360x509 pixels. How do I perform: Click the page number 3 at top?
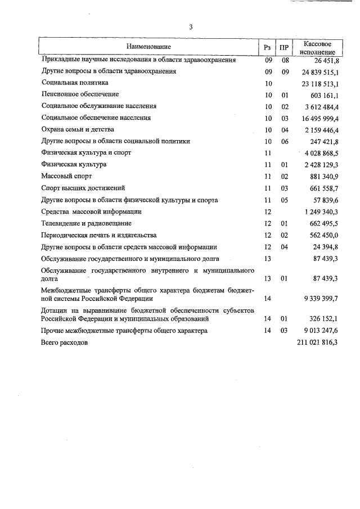(x=191, y=26)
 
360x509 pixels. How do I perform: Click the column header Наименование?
(x=148, y=47)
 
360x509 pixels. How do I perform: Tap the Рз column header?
(x=268, y=47)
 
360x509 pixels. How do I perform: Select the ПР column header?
(x=285, y=47)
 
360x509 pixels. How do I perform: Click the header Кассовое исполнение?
(x=317, y=47)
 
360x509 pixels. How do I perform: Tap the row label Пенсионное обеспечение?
(x=80, y=94)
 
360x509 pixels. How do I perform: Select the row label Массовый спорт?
(x=67, y=177)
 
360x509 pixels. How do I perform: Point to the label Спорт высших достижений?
(x=83, y=188)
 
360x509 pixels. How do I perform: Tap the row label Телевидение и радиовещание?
(x=87, y=223)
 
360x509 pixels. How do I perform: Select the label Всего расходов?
(x=65, y=342)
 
